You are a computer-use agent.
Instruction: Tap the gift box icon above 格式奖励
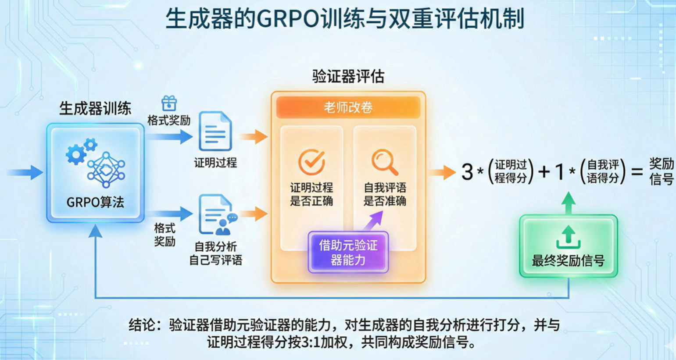(169, 103)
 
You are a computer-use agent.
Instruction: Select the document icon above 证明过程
(215, 131)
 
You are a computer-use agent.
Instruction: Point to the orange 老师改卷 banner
(348, 107)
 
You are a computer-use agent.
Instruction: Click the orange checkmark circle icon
(311, 162)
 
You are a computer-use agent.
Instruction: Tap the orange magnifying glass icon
(385, 162)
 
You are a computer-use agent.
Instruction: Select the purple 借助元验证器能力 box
(348, 252)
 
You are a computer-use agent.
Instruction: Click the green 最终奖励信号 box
(568, 246)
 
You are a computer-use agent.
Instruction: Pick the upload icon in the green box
(568, 237)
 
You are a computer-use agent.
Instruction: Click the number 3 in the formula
(467, 172)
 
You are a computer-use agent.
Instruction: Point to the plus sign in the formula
(544, 172)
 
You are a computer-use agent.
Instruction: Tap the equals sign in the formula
(637, 172)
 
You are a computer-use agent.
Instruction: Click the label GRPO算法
(95, 202)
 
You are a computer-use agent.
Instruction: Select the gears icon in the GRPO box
(80, 152)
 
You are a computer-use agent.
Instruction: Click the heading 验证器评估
(348, 77)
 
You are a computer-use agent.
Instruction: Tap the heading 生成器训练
(95, 108)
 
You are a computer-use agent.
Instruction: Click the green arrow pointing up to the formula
(569, 203)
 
